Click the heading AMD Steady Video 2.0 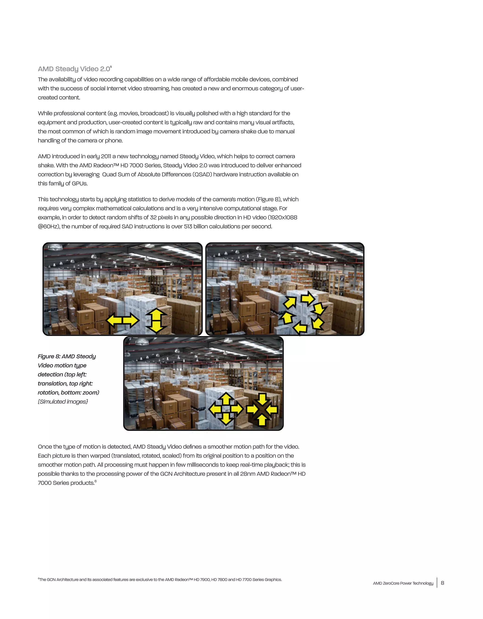74,69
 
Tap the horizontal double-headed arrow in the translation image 122,320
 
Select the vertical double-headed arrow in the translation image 156,320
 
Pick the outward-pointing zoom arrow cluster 226,409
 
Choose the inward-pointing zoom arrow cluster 262,409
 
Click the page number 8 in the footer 442,583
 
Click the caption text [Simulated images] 63,402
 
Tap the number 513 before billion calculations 188,227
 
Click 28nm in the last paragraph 248,474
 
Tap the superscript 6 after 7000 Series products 96,481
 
